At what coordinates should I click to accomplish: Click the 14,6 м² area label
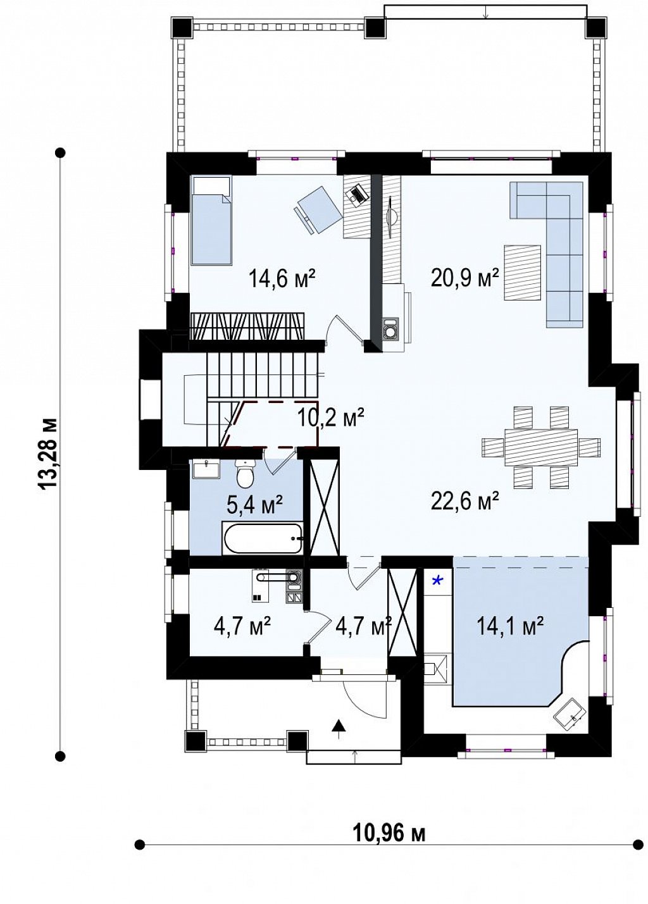click(282, 278)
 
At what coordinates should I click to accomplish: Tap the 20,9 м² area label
click(465, 278)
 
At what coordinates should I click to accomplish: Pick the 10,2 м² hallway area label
click(331, 417)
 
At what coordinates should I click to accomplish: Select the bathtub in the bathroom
click(263, 539)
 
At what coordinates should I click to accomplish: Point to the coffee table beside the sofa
click(522, 273)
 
